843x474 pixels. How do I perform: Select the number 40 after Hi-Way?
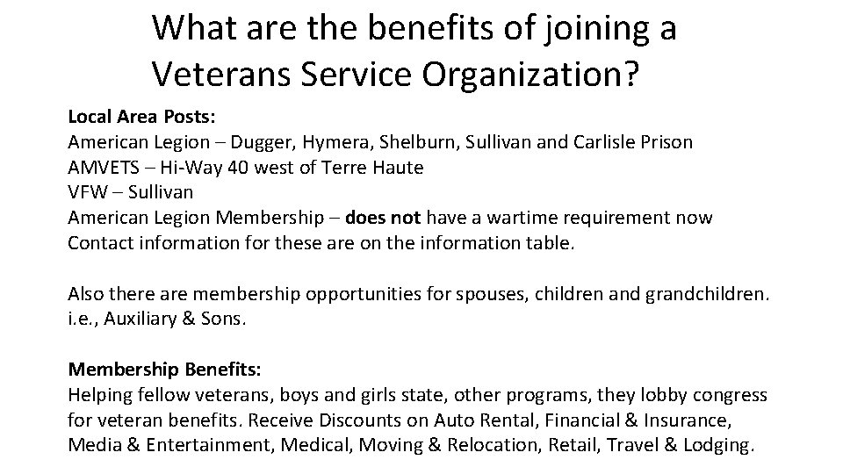[229, 166]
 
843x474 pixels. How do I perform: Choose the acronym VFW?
[86, 191]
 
